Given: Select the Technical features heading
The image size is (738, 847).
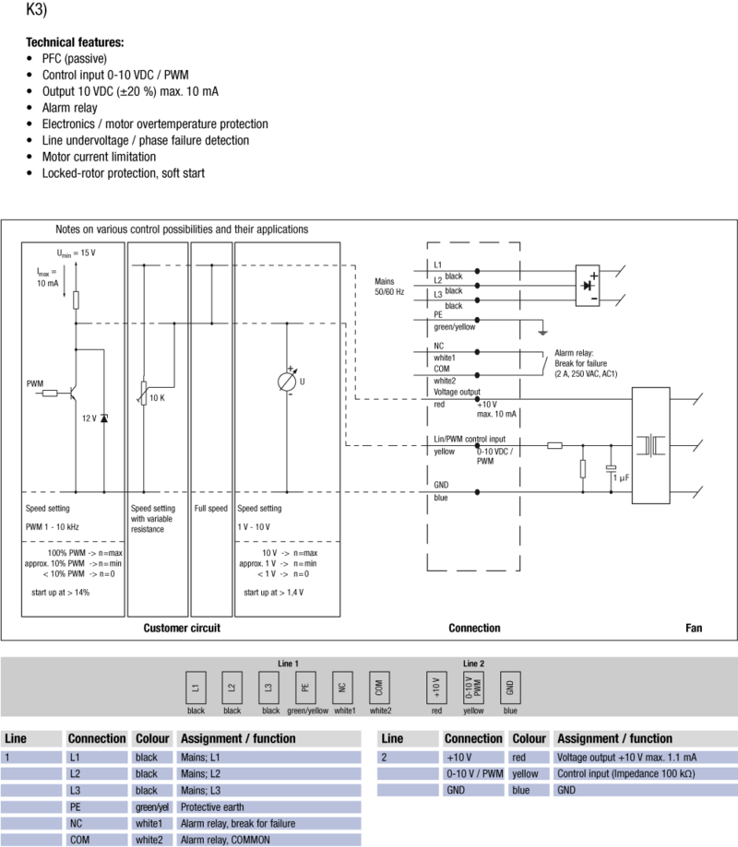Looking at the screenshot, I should tap(75, 42).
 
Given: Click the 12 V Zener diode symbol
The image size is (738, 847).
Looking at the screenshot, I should tap(103, 418).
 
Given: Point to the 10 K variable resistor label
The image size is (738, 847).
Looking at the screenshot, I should tap(157, 398).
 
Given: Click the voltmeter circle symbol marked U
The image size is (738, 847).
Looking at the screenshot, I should tap(287, 382).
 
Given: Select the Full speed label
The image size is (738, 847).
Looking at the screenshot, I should tap(211, 508).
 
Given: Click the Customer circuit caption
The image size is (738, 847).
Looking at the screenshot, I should tap(182, 628).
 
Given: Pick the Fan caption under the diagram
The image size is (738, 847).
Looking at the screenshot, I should tap(693, 628).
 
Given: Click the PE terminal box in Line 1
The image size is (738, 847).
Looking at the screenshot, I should tap(304, 688).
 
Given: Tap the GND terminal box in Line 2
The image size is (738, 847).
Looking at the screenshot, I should tap(509, 688).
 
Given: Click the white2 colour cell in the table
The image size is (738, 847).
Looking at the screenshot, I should tap(149, 840).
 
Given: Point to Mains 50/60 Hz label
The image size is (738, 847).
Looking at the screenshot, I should tap(390, 287).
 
